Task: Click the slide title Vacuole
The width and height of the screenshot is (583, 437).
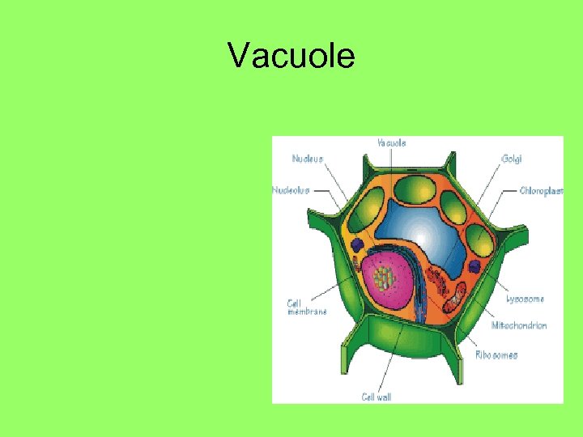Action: pos(291,57)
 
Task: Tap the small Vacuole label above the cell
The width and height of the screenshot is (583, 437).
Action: pos(392,142)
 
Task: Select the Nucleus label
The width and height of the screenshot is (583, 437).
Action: pos(308,159)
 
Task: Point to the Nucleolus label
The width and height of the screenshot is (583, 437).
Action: pos(291,190)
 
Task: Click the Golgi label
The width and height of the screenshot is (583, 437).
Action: pos(511,159)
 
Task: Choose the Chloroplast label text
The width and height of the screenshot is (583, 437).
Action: pos(541,191)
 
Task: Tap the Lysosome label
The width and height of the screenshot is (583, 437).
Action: pos(525,299)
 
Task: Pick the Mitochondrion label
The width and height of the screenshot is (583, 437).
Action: pos(519,325)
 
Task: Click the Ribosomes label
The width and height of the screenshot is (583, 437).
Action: pos(496,354)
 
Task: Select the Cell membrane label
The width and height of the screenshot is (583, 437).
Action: pos(307,308)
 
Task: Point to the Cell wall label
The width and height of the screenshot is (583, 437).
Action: pos(377,396)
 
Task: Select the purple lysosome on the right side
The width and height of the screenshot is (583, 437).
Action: pos(474,266)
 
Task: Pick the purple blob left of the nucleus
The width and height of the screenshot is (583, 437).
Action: pos(357,244)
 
